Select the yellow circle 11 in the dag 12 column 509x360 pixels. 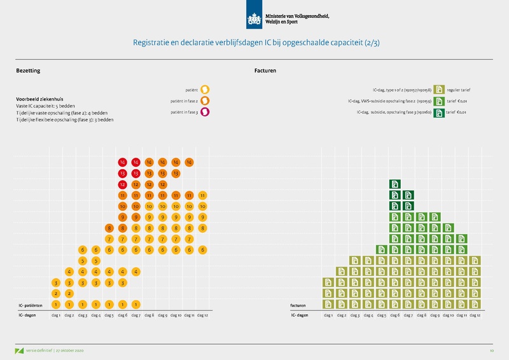click(x=202, y=195)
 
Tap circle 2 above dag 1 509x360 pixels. click(x=56, y=293)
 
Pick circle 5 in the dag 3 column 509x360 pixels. click(x=83, y=261)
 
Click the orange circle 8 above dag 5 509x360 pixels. click(x=109, y=228)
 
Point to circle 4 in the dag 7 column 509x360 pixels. click(x=136, y=272)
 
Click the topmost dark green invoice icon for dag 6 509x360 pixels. click(x=394, y=184)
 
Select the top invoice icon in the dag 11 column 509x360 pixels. click(x=461, y=239)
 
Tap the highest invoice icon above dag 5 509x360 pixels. click(x=381, y=249)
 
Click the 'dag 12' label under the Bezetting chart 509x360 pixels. click(x=202, y=315)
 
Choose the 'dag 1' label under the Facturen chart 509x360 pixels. click(x=328, y=315)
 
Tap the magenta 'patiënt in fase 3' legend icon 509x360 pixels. click(x=206, y=113)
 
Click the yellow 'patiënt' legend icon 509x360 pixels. click(x=206, y=90)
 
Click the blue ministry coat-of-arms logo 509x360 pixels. click(x=254, y=17)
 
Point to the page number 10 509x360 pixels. click(x=491, y=350)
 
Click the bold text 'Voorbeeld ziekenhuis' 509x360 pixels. click(x=39, y=99)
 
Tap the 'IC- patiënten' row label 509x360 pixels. click(x=30, y=305)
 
